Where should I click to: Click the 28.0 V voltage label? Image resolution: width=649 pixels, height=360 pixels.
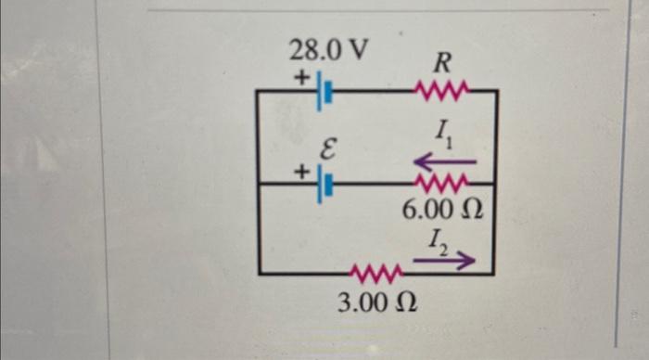coord(327,50)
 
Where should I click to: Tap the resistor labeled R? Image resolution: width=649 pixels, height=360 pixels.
coord(442,91)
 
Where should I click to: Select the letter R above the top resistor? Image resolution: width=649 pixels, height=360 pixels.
coord(442,63)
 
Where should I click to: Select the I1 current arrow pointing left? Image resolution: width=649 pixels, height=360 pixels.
coord(444,161)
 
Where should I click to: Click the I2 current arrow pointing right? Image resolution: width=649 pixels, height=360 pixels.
coord(443,262)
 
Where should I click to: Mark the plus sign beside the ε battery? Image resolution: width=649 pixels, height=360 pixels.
coord(300,172)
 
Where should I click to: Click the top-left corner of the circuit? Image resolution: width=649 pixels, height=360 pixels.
coord(257,91)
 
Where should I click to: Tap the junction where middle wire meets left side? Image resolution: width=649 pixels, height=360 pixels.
coord(257,184)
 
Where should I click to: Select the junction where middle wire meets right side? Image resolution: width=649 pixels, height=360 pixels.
coord(496,183)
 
